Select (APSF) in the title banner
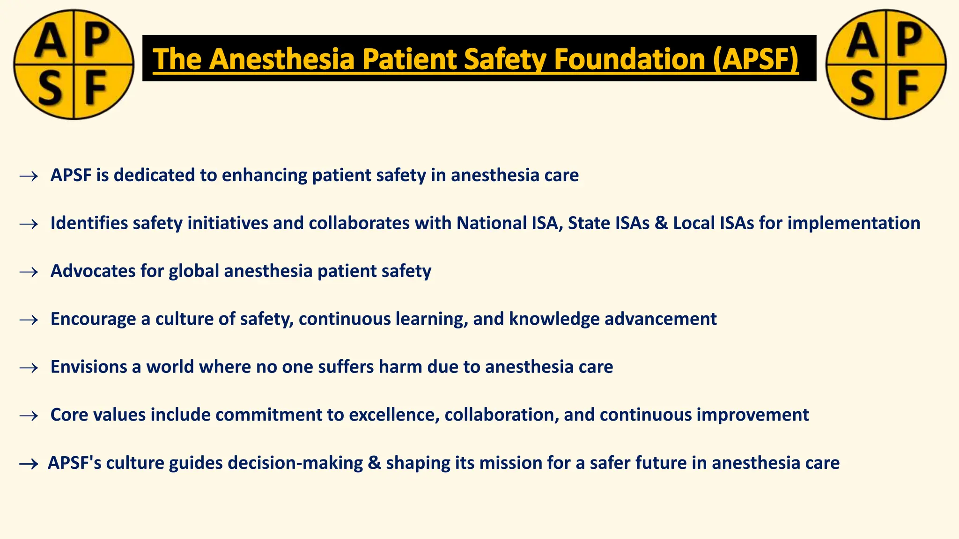click(756, 59)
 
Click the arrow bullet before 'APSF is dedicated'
click(29, 176)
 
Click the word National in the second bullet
click(491, 223)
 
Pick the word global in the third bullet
click(194, 271)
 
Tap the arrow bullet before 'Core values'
click(29, 415)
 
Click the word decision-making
click(295, 463)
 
